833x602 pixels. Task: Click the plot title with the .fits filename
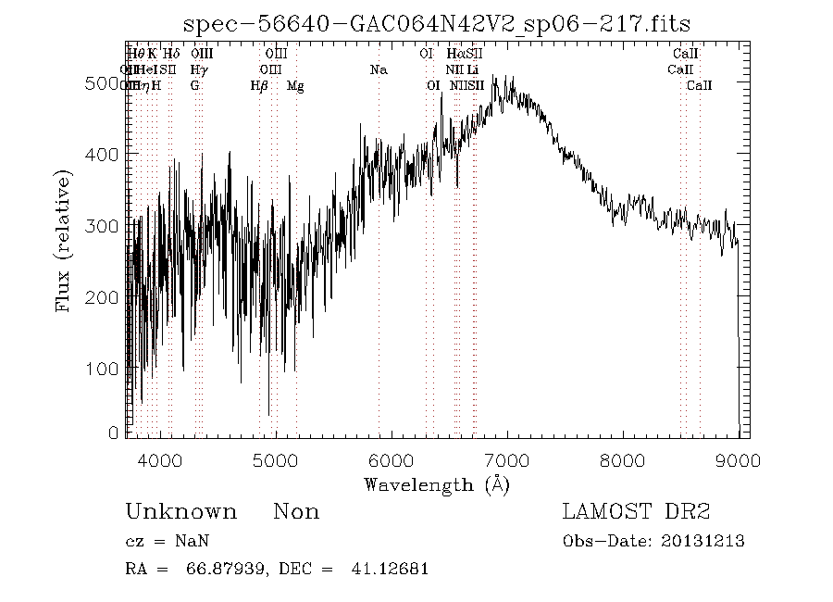(x=438, y=24)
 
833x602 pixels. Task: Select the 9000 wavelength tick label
(x=738, y=459)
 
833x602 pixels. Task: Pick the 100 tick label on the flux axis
(x=107, y=369)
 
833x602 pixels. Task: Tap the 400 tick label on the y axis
(x=107, y=154)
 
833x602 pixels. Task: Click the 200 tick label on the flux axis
(x=107, y=297)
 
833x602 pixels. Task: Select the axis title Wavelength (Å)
(x=436, y=484)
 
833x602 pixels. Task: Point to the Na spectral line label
(x=378, y=69)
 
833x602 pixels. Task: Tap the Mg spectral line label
(x=295, y=85)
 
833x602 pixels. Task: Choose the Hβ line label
(x=259, y=85)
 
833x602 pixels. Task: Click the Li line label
(x=473, y=69)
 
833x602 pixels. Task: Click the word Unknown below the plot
(x=180, y=512)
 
